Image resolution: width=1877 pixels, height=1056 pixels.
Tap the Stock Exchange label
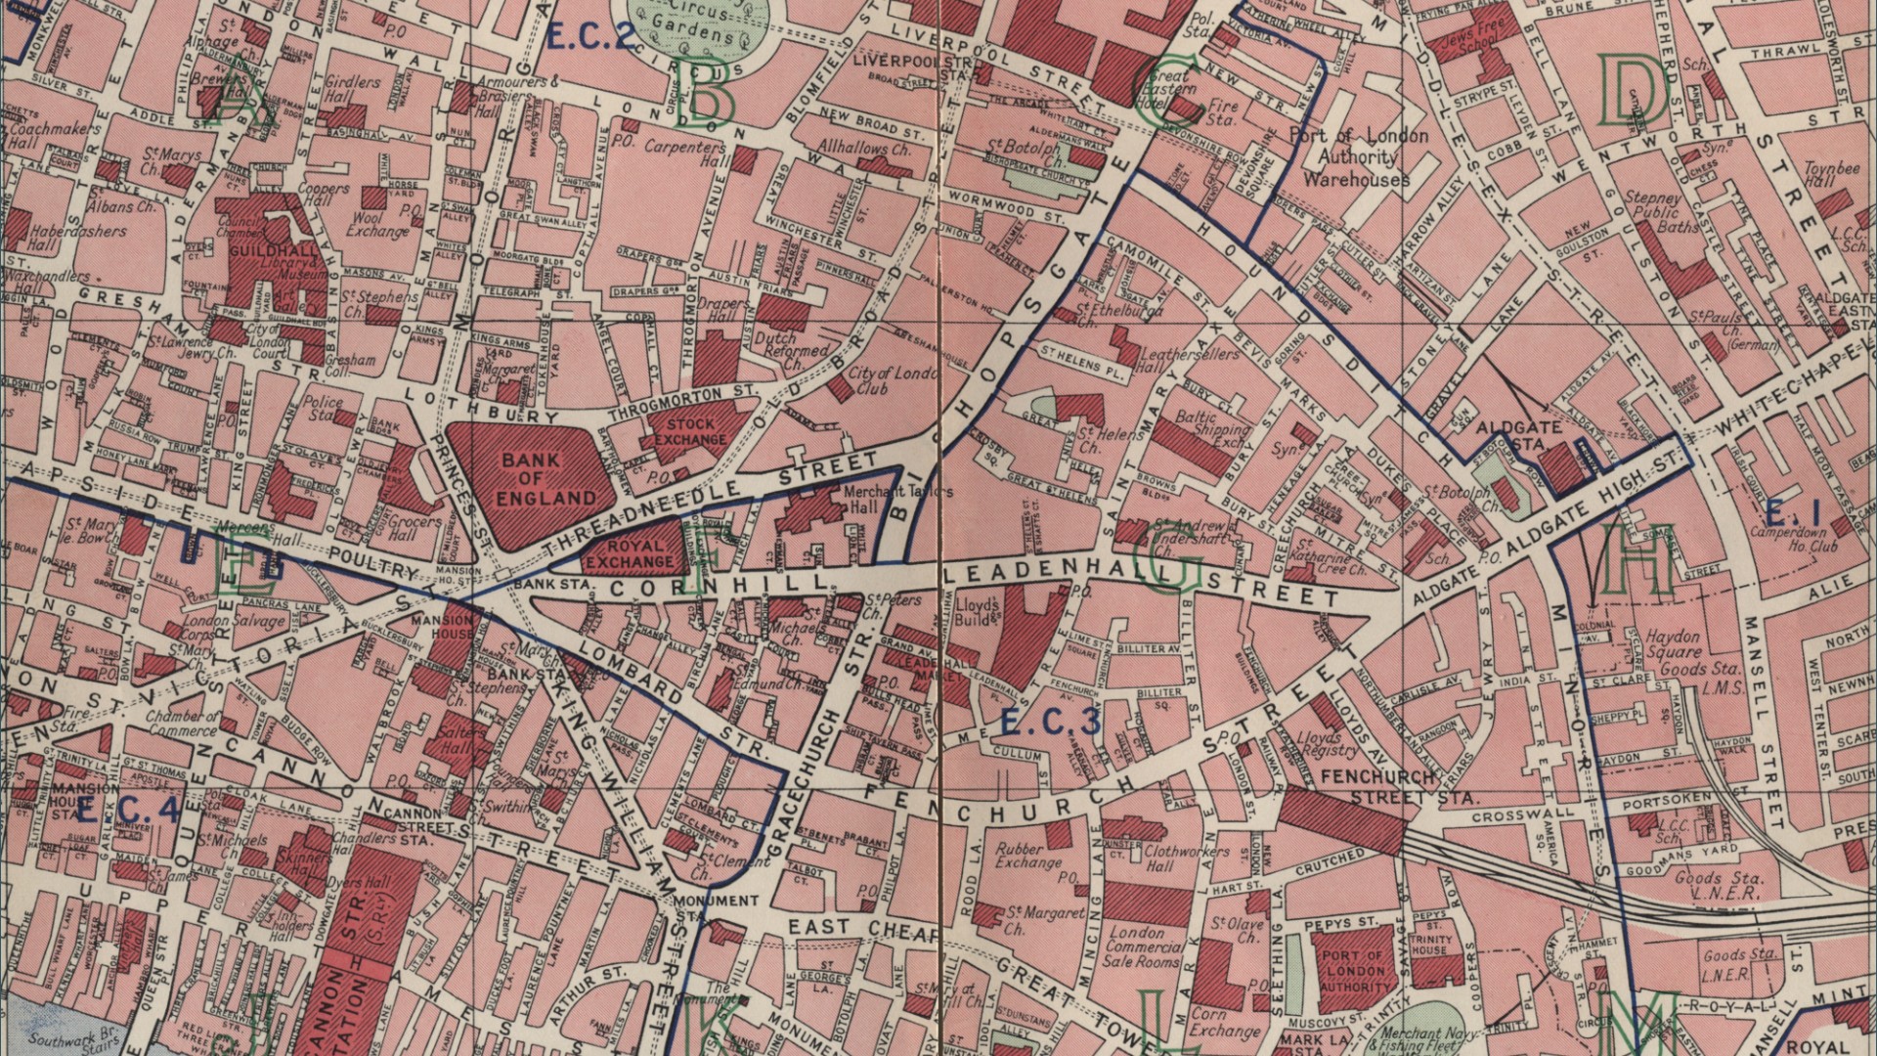coord(691,431)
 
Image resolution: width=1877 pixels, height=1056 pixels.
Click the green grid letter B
coord(710,98)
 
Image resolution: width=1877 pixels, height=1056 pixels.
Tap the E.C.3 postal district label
coord(1052,722)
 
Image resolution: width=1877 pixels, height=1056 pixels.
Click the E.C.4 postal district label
coord(129,810)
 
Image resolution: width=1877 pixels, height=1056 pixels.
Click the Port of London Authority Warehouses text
coord(1357,157)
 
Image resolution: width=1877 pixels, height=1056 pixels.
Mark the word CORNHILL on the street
coord(720,585)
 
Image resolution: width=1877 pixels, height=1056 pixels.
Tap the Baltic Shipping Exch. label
coord(1211,428)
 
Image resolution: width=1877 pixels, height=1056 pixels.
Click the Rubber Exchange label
coord(1028,857)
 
